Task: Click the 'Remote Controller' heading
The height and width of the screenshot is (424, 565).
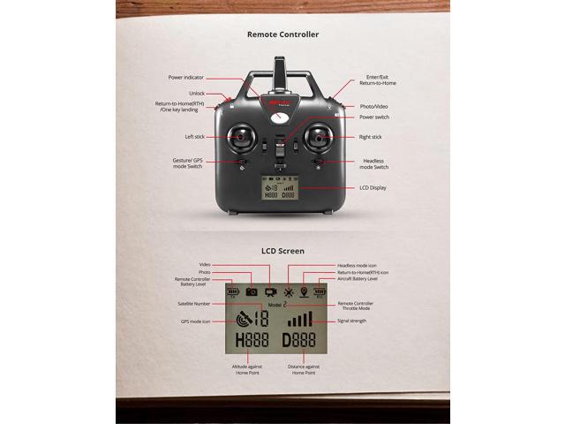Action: pos(282,34)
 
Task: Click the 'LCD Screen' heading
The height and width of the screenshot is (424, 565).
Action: pos(282,251)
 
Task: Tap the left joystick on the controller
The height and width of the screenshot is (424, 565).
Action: pos(240,137)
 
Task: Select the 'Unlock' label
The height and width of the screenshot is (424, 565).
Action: pos(196,93)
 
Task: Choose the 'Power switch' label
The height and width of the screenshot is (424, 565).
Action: pos(374,117)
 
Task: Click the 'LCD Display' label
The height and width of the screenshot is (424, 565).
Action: pos(373,187)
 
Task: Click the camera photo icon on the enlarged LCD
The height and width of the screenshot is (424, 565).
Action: pos(252,291)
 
